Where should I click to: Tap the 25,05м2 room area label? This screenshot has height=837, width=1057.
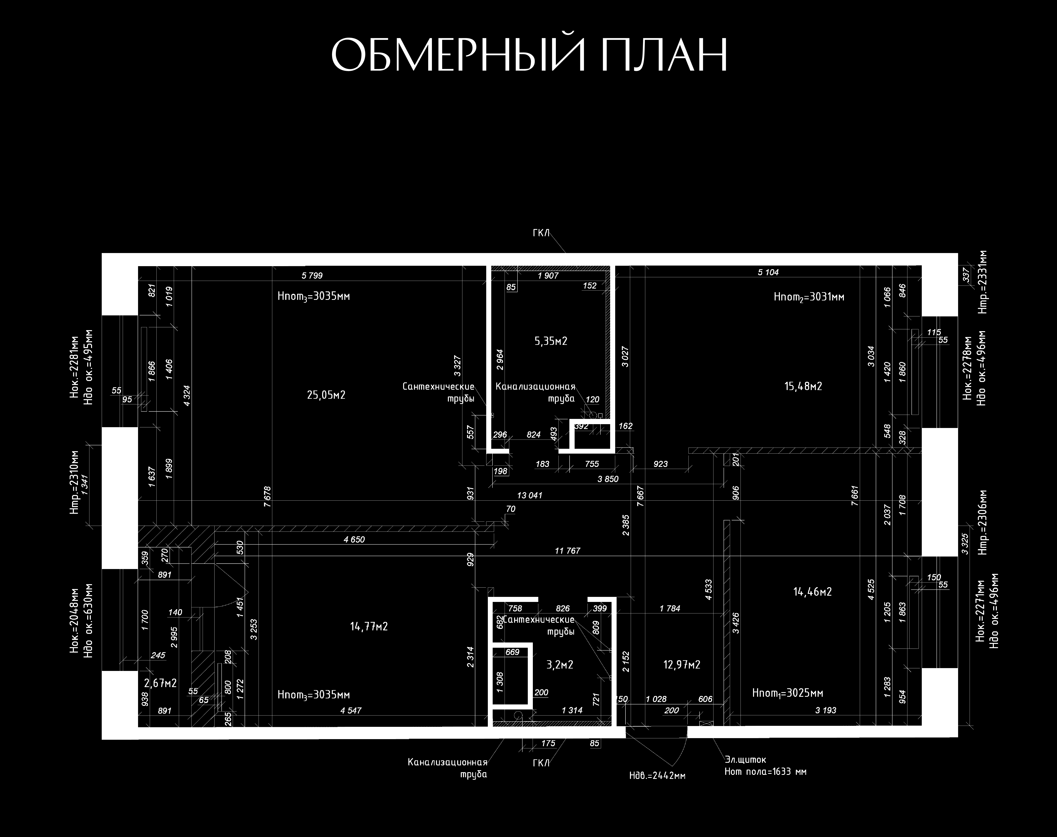coord(326,395)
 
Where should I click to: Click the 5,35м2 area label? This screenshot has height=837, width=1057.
coord(551,341)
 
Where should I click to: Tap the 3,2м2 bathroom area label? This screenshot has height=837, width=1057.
coord(560,665)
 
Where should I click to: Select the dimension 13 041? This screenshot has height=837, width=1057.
coord(530,495)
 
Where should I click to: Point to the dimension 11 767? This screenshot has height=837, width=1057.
coord(568,551)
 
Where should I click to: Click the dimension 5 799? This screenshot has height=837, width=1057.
coord(312,275)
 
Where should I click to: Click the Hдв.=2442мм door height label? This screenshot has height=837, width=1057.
coord(657,776)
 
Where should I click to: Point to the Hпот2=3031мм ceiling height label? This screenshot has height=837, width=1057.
coord(809,297)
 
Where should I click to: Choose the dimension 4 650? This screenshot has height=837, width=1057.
coord(354,540)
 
